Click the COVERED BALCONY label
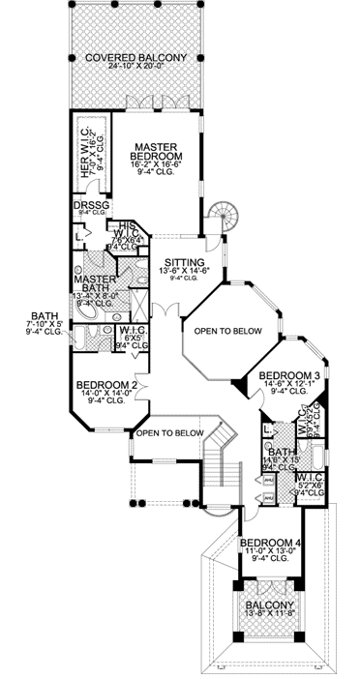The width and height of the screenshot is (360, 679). tap(135, 59)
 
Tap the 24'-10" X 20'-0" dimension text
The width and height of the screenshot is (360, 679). tap(135, 70)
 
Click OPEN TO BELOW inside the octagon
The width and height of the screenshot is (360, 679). tap(228, 331)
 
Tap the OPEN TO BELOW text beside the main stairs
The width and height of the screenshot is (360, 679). tap(169, 432)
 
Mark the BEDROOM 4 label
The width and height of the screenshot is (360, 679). tap(269, 542)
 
